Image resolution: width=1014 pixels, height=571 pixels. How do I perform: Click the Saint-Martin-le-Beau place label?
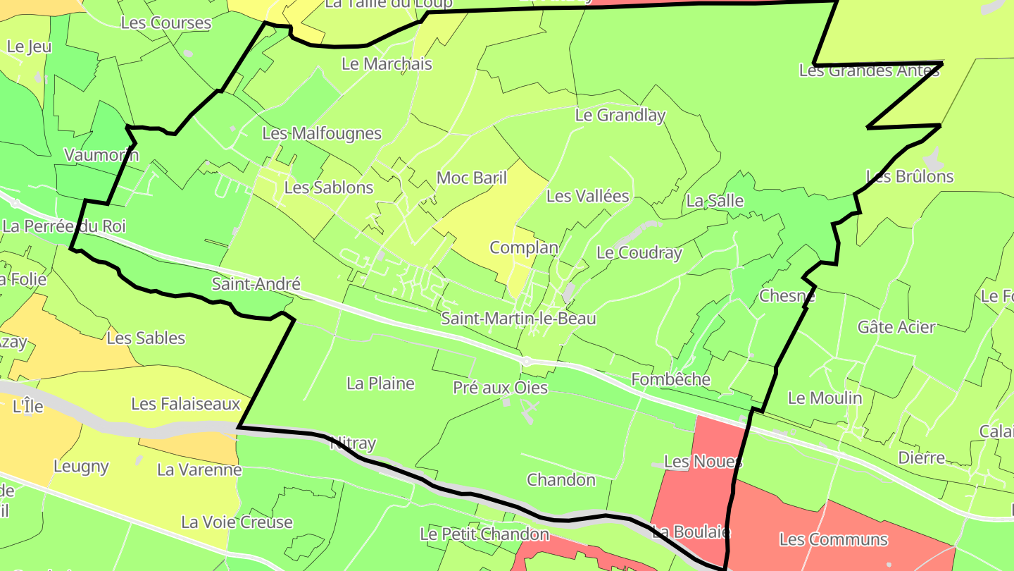coord(518,319)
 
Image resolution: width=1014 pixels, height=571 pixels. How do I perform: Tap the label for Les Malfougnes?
coord(322,133)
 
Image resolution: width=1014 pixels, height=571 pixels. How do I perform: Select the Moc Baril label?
coord(472,178)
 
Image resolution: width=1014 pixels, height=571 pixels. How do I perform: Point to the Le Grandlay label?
coord(620,115)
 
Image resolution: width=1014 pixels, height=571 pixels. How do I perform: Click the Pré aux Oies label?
coord(500,388)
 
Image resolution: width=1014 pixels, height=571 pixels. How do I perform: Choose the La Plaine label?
coord(380,383)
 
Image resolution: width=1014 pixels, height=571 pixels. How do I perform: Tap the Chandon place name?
coord(561,480)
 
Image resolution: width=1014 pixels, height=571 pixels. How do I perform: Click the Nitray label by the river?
coord(353,443)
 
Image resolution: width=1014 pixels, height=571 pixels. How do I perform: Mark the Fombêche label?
coord(671,379)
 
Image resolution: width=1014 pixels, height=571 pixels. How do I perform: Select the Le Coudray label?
coord(639,253)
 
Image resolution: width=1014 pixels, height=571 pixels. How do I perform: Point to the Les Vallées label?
coord(587,196)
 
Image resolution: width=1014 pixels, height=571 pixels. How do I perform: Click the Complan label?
coord(524,247)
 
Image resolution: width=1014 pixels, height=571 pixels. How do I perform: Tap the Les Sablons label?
coord(329,188)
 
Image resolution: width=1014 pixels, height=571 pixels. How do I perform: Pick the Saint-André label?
coord(256,284)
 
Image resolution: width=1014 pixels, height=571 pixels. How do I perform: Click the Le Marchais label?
coord(387,63)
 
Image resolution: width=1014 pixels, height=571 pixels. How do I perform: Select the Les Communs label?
coord(834,540)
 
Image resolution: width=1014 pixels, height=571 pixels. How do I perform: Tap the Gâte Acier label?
coord(896,327)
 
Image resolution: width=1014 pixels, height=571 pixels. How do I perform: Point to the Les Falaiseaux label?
coord(186,405)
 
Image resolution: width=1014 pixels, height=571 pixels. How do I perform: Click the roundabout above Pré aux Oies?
coord(526,362)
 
